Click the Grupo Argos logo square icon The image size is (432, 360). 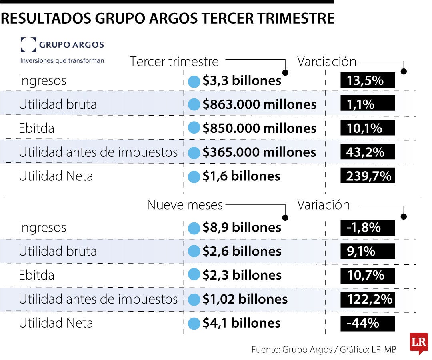(28, 45)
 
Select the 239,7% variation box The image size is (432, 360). (368, 176)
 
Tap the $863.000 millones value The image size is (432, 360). (259, 105)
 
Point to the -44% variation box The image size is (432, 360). (368, 323)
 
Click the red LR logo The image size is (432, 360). (418, 342)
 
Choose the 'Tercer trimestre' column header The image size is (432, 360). (174, 62)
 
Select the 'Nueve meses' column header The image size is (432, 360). (185, 205)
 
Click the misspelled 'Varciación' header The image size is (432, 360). (326, 62)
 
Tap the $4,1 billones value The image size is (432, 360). (242, 323)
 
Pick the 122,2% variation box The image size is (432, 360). (368, 299)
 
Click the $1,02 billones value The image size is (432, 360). (245, 299)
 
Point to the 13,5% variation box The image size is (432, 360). (368, 81)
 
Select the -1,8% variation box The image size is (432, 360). (368, 228)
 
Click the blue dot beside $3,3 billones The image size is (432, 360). (194, 81)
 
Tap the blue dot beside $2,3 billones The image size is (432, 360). (194, 275)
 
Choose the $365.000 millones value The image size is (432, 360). (259, 152)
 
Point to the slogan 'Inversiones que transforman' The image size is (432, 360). (62, 61)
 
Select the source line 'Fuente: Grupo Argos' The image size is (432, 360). (292, 350)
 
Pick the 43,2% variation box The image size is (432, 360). (368, 152)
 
